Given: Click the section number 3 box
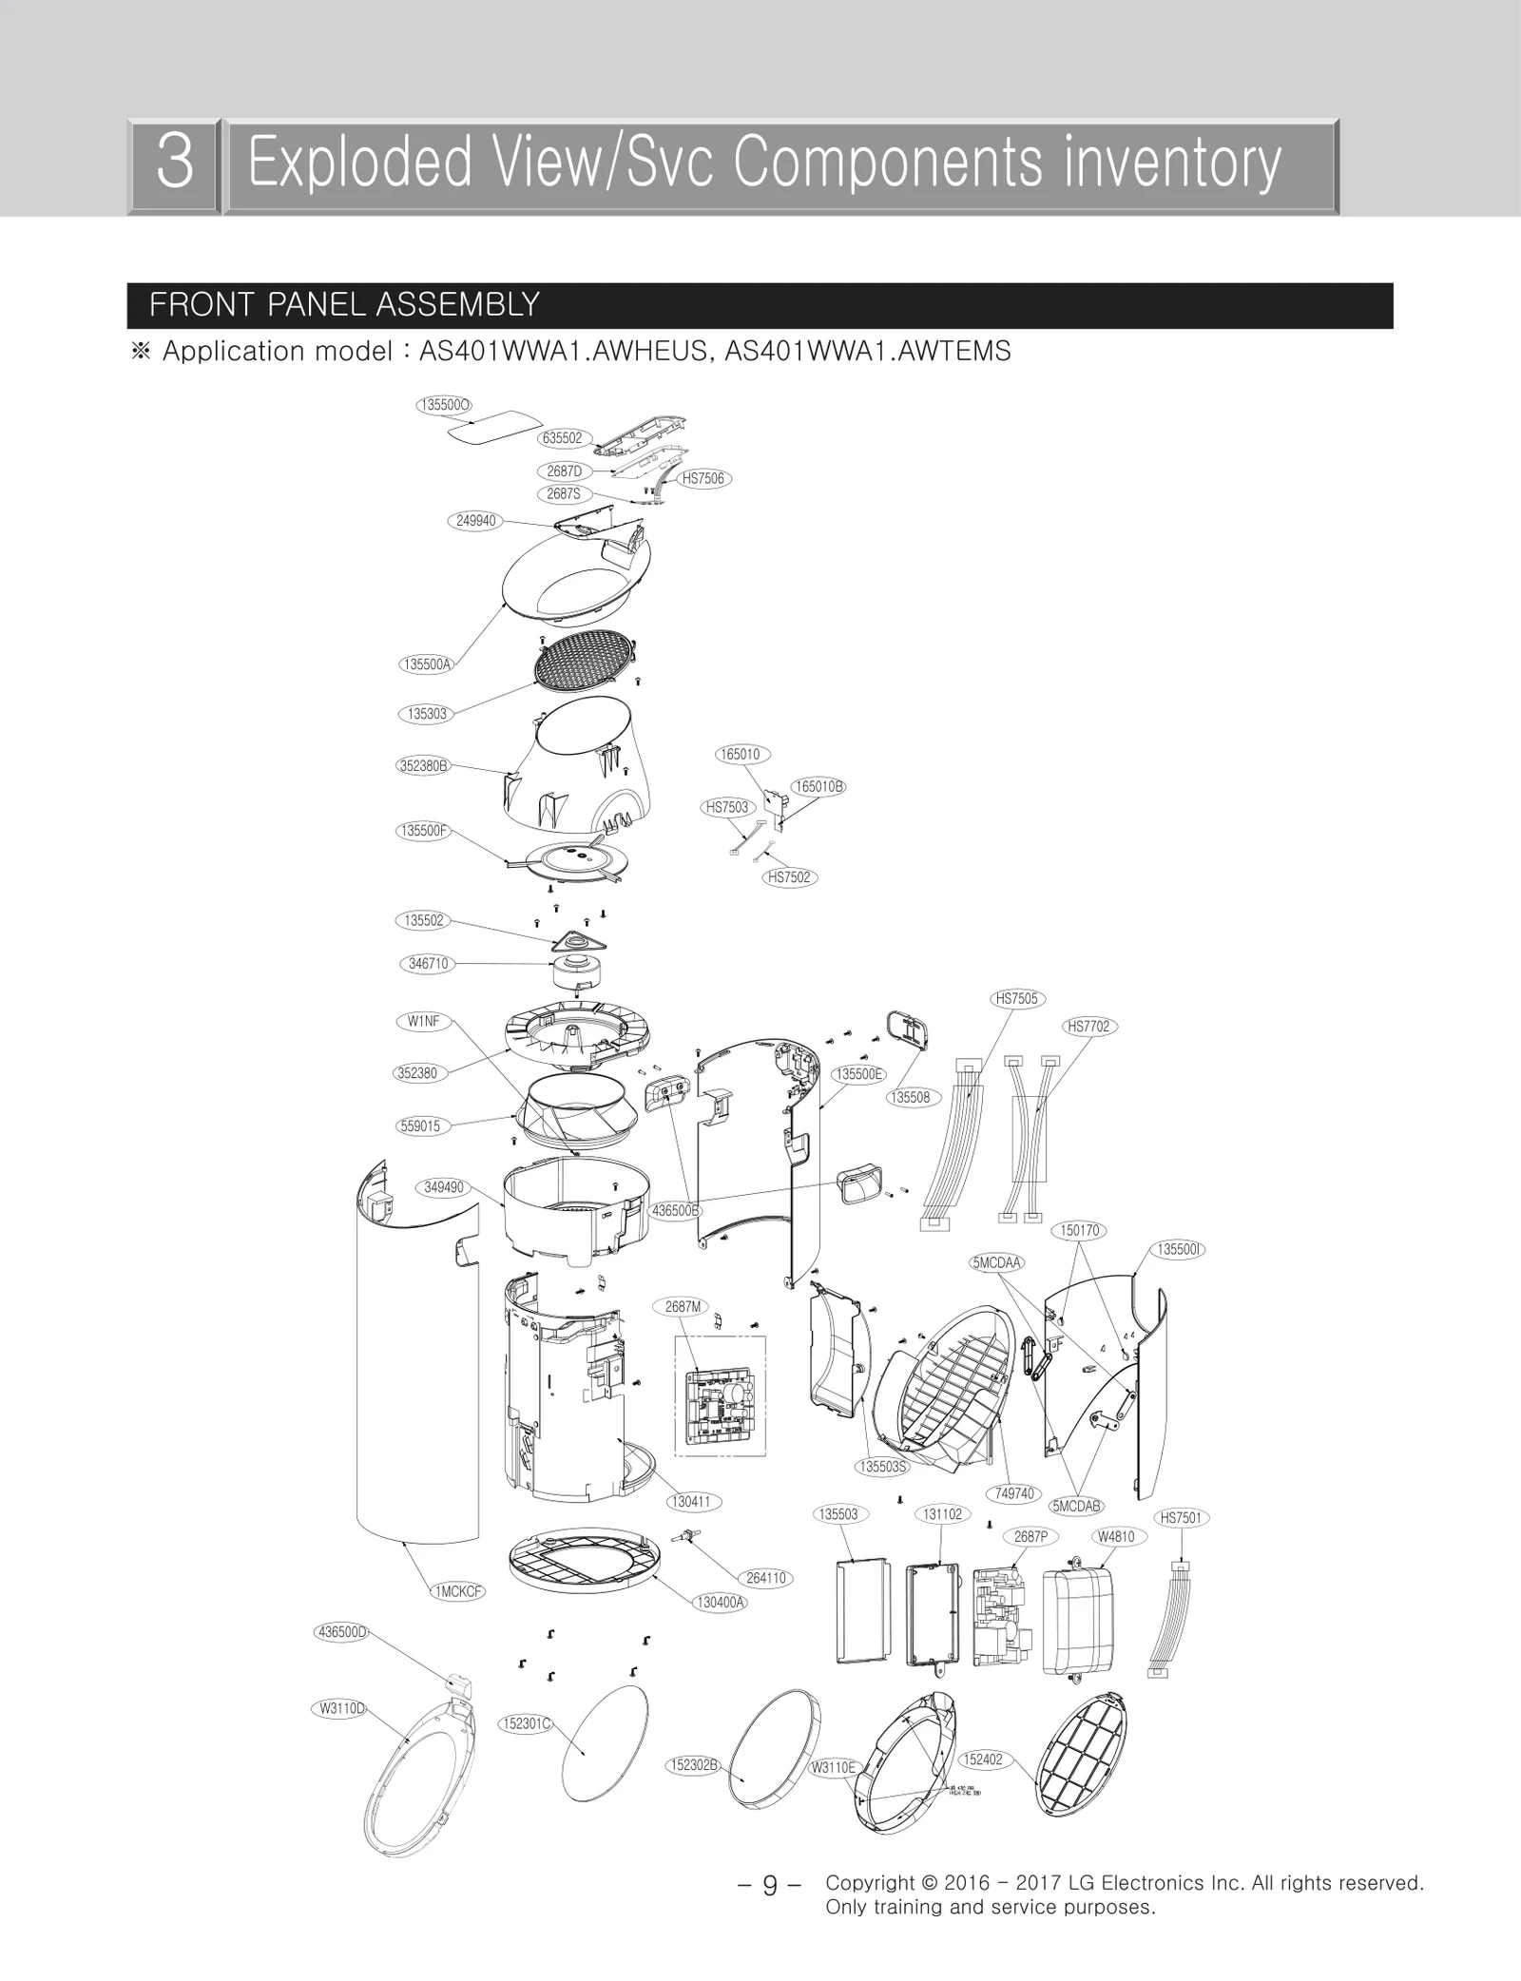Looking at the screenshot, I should tap(174, 164).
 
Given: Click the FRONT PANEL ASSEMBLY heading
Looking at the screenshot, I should tap(344, 305).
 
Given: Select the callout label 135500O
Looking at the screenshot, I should tap(444, 405).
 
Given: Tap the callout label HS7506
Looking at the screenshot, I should tap(703, 478).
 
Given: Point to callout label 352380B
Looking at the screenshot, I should tap(423, 765).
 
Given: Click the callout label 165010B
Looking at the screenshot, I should tap(818, 786).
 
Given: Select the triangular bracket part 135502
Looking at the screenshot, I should tap(579, 943).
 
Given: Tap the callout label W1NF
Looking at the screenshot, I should tap(424, 1021).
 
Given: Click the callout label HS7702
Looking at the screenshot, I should tap(1088, 1027).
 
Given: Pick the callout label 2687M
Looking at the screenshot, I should tap(683, 1307).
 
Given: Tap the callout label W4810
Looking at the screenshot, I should tap(1116, 1536).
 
